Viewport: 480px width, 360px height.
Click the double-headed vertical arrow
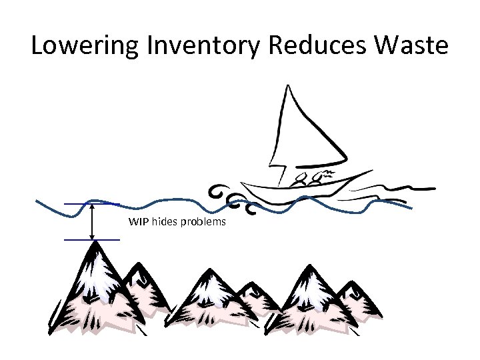pyautogui.click(x=91, y=221)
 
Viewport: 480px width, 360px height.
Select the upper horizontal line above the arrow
pyautogui.click(x=91, y=203)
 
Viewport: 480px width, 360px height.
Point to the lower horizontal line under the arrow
pyautogui.click(x=91, y=239)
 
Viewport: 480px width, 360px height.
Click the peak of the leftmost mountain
pyautogui.click(x=96, y=244)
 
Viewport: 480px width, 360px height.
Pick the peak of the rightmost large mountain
pyautogui.click(x=309, y=267)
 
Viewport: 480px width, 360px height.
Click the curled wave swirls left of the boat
pyautogui.click(x=230, y=197)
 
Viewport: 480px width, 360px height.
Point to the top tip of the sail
pyautogui.click(x=287, y=85)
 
